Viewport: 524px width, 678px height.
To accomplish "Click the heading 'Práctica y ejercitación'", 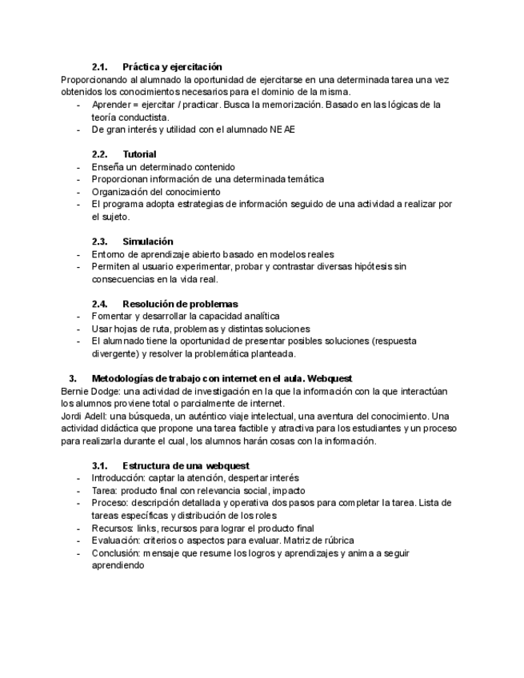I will click(172, 66).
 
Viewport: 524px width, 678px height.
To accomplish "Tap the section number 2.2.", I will click(100, 154).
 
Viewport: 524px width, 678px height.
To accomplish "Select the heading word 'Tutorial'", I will click(139, 154).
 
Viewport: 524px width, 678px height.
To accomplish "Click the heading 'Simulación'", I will click(147, 241).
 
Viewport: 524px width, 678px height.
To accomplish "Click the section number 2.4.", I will click(100, 304).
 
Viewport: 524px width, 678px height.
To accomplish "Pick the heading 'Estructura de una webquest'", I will click(186, 465).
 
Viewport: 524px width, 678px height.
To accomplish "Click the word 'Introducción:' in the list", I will click(121, 477).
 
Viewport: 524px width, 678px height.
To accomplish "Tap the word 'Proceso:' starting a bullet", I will click(110, 503).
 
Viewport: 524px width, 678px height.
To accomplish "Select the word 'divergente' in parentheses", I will click(116, 353).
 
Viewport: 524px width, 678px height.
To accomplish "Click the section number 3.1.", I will click(100, 465).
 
